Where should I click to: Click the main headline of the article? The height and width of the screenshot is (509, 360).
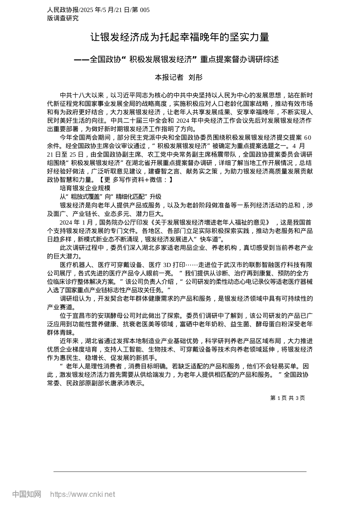click(180, 37)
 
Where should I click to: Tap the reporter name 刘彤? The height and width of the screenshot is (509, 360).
click(196, 78)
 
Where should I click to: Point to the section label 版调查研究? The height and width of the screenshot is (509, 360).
click(63, 18)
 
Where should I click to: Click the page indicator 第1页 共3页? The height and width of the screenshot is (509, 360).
click(288, 398)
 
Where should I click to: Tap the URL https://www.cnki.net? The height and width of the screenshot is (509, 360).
click(83, 494)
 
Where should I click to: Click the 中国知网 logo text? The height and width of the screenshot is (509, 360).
click(27, 494)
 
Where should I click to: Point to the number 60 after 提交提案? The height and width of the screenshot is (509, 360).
click(307, 137)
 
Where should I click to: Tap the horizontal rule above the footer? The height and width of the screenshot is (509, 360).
click(180, 472)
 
